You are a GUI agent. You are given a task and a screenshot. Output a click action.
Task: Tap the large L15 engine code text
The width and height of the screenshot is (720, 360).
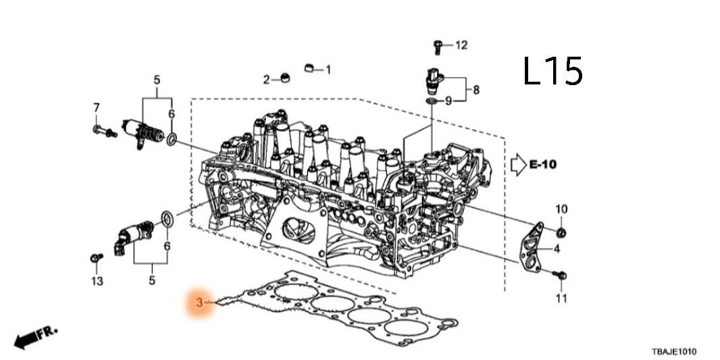(x=552, y=71)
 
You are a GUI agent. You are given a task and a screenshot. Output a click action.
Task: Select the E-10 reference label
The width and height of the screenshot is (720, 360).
(x=544, y=164)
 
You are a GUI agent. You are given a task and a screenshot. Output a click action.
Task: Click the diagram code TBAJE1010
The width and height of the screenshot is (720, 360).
(x=673, y=352)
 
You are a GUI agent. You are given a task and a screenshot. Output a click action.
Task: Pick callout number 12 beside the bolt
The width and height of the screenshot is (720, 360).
(x=461, y=45)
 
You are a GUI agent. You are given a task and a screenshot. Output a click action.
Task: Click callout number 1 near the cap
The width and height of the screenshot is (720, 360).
(x=328, y=69)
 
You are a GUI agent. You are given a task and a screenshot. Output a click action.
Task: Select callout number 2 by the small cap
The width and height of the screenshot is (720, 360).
(x=267, y=80)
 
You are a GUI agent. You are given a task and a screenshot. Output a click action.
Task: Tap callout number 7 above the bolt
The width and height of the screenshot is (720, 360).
(x=96, y=107)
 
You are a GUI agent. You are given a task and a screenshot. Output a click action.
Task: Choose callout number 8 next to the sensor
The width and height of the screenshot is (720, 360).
(x=476, y=89)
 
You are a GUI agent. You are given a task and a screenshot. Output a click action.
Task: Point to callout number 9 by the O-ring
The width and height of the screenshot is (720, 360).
(x=448, y=101)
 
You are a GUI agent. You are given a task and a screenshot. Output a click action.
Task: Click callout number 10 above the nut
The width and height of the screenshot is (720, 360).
(x=561, y=209)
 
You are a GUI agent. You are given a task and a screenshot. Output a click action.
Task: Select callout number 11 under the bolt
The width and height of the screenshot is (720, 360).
(x=561, y=298)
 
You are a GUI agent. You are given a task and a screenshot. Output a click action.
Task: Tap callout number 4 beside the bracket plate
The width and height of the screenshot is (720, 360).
(x=557, y=249)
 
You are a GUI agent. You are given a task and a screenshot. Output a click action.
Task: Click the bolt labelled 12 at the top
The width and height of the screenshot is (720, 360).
(x=438, y=47)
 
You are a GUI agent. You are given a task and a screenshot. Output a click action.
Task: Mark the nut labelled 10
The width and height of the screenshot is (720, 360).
(x=561, y=233)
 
